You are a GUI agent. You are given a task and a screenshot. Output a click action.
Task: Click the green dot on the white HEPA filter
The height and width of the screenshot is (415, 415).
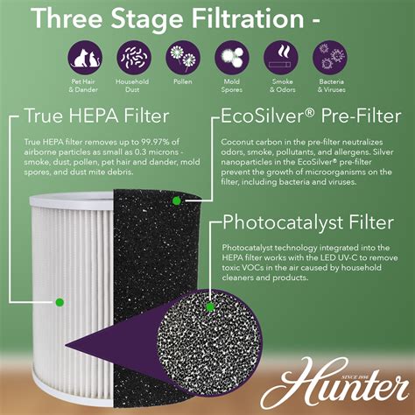click(60, 302)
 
